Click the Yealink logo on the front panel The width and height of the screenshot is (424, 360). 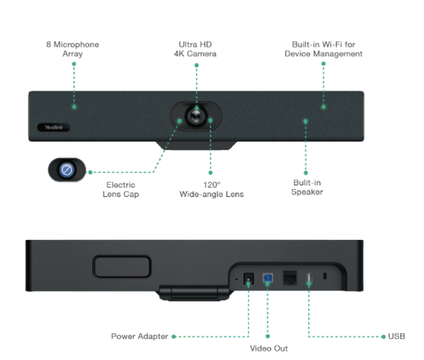pos(54,127)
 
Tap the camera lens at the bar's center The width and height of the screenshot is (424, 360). pos(196,116)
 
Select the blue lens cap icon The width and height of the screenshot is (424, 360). pos(67,170)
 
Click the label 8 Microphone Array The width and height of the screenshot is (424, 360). pos(73,49)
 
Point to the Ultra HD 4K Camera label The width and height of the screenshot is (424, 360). pos(195,49)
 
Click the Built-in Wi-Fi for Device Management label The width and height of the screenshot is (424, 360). pos(323,49)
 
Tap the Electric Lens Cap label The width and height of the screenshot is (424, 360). pos(121,189)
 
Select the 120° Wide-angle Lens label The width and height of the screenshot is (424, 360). pos(211,189)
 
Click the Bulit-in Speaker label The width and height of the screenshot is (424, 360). pos(307,187)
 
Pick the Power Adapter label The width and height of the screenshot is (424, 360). pos(139,336)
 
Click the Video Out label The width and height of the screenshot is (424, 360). pos(269,348)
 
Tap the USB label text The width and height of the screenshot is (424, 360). pos(397,336)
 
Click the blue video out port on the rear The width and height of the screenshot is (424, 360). pos(268,278)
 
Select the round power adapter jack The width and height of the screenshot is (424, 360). pos(249,278)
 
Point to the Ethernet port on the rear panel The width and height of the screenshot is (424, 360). pos(290,278)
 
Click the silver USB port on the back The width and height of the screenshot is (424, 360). pos(309,278)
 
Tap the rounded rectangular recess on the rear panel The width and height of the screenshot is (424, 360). pos(122,267)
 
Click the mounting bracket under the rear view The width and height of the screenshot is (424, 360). pos(194,292)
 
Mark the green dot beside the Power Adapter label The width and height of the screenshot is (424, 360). pos(174,336)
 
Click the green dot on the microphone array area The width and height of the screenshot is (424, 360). pos(74,106)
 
